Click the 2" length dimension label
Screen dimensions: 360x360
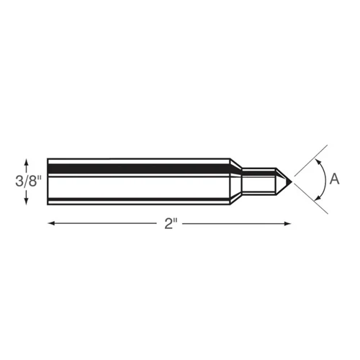pyautogui.click(x=171, y=224)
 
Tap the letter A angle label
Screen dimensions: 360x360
pyautogui.click(x=334, y=179)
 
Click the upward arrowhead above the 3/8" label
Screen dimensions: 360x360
pyautogui.click(x=27, y=162)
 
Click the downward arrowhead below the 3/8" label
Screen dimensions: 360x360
pyautogui.click(x=27, y=201)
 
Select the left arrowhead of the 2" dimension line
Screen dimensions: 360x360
pyautogui.click(x=51, y=224)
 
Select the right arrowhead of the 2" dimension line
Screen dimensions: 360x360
pyautogui.click(x=287, y=224)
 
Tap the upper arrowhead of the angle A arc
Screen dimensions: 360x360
pyautogui.click(x=318, y=161)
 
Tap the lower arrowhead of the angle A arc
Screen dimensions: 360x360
pyautogui.click(x=318, y=198)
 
